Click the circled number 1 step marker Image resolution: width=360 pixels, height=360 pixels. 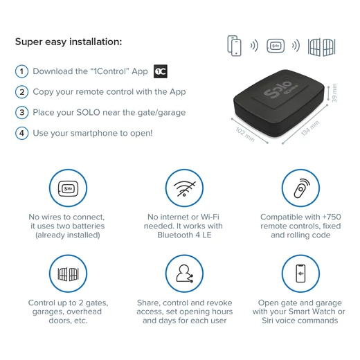(21, 71)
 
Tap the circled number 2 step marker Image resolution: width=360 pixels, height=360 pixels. (21, 92)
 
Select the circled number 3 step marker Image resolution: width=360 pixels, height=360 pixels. (21, 113)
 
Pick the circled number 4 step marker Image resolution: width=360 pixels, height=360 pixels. (21, 133)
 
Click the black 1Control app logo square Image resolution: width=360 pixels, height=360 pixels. (161, 71)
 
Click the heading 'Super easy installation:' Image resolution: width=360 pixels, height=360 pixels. (69, 42)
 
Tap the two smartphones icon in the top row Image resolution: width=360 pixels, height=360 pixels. (234, 46)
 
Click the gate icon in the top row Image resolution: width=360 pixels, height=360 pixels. (321, 47)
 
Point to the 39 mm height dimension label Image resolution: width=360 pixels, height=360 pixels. (334, 93)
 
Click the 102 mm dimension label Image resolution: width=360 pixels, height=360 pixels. (245, 134)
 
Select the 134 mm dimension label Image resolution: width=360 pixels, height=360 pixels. (310, 128)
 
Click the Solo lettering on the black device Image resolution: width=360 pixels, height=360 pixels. (278, 89)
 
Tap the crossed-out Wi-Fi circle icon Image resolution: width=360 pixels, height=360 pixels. (184, 188)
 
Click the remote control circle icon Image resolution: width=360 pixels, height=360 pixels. (300, 188)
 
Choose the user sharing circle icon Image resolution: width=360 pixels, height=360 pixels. (184, 273)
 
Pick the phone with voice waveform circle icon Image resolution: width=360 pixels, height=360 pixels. (300, 273)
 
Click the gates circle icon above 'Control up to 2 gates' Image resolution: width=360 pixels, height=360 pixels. (68, 273)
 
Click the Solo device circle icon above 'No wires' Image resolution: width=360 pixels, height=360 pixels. (68, 188)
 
